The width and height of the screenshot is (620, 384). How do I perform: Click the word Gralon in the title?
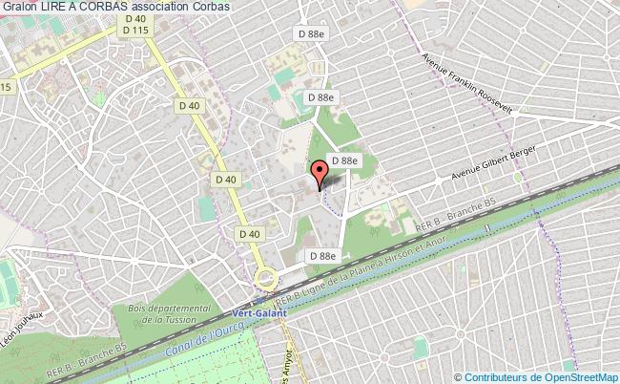click(x=20, y=9)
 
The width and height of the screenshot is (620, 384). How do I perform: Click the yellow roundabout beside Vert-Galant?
click(x=266, y=279)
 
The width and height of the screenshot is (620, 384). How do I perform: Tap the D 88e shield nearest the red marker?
click(x=341, y=160)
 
